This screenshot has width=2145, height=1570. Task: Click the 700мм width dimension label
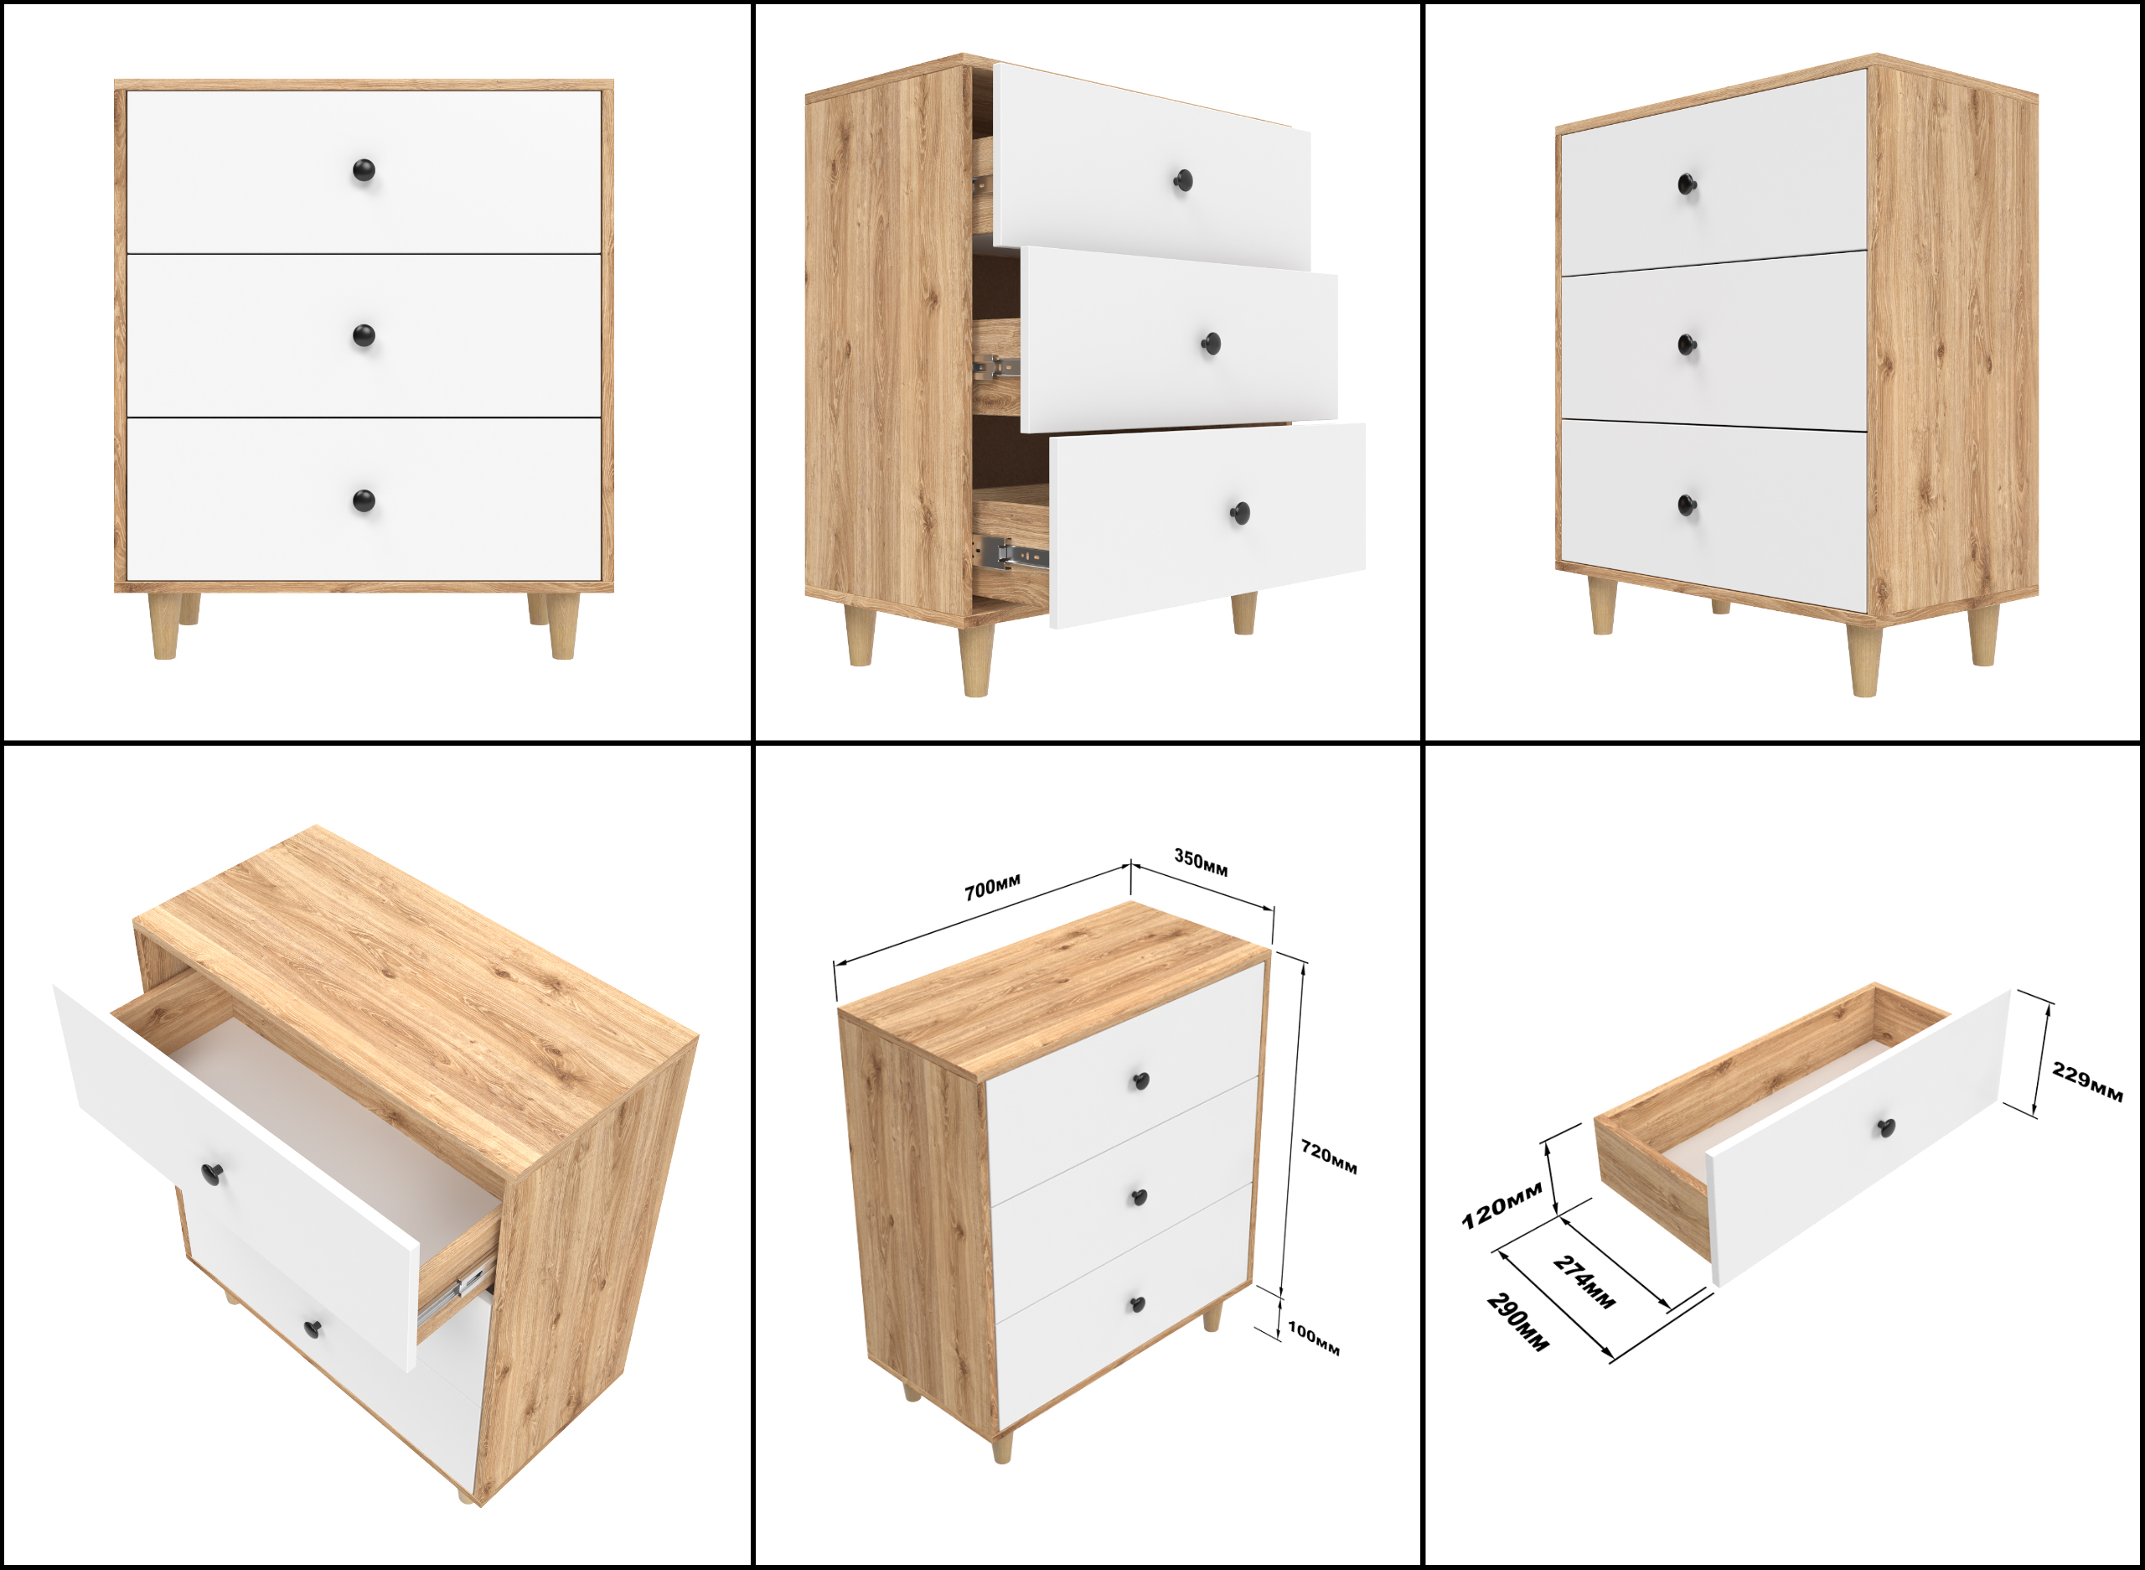click(993, 888)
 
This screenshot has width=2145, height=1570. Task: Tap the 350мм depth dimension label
click(1201, 861)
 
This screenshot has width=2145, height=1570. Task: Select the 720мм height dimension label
click(1328, 1157)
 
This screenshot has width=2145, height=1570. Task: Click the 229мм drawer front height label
click(2087, 1082)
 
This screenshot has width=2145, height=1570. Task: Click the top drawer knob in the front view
click(364, 171)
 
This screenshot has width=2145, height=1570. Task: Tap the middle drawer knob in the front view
click(364, 335)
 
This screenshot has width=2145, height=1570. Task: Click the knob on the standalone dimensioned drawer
click(1887, 1128)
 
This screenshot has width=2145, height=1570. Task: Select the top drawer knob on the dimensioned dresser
click(1142, 1080)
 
